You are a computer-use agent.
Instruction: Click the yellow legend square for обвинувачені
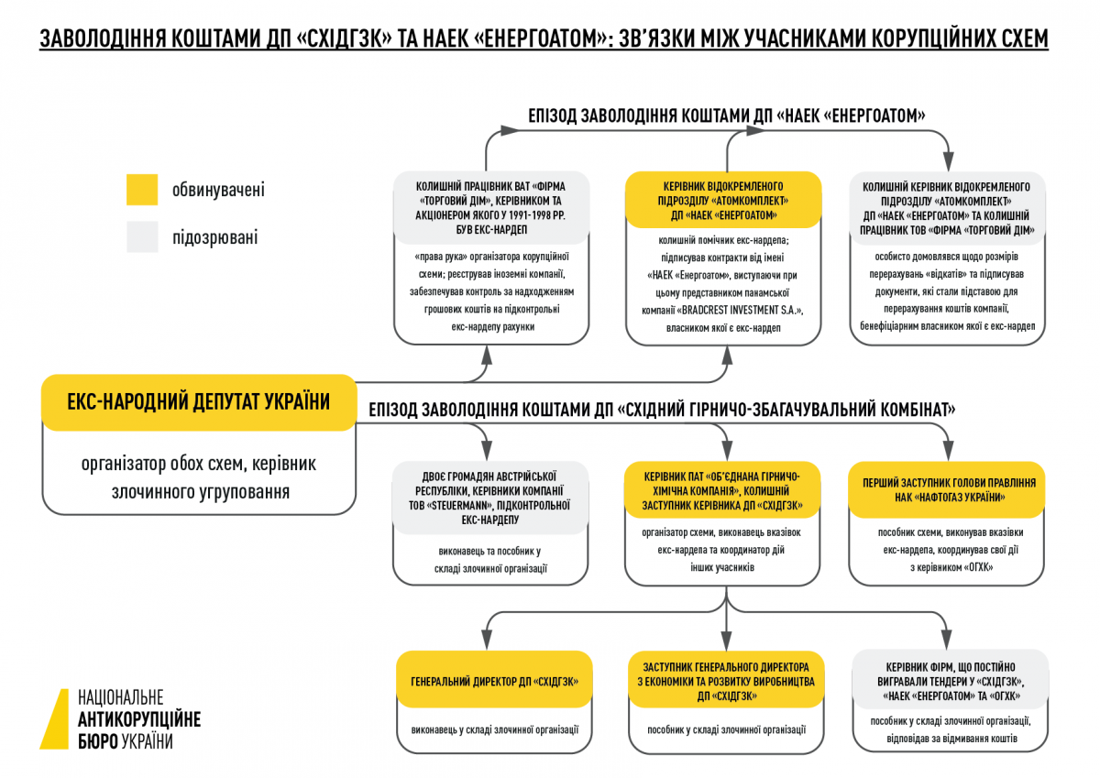point(142,190)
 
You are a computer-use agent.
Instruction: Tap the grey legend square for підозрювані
point(142,236)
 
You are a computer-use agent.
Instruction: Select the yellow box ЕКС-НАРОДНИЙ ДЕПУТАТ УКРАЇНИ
point(199,402)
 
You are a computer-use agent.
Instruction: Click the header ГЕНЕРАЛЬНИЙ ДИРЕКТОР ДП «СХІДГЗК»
point(494,681)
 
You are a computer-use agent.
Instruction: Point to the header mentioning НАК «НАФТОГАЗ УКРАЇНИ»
point(947,490)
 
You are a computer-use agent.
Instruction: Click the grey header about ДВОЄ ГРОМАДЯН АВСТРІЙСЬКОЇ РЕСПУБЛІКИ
point(490,498)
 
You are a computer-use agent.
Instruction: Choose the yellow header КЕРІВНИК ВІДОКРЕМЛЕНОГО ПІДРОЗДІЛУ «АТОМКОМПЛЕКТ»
point(723,201)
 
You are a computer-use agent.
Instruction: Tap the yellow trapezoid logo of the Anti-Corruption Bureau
point(55,718)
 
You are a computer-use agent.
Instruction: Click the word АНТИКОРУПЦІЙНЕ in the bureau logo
point(139,719)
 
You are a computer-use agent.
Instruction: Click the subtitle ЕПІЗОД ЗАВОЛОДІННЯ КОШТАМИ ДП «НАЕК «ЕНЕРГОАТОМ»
point(726,115)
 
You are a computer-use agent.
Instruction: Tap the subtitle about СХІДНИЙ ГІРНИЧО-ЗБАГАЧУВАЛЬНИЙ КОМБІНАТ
point(662,410)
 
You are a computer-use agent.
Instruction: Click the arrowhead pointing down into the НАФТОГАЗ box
point(948,450)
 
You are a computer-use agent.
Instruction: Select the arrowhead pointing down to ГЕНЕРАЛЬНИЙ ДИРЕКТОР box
point(487,640)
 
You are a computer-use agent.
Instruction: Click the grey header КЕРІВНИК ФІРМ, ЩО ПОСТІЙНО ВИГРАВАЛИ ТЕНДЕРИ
point(951,681)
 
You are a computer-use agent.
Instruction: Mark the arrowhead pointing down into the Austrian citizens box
point(487,450)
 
